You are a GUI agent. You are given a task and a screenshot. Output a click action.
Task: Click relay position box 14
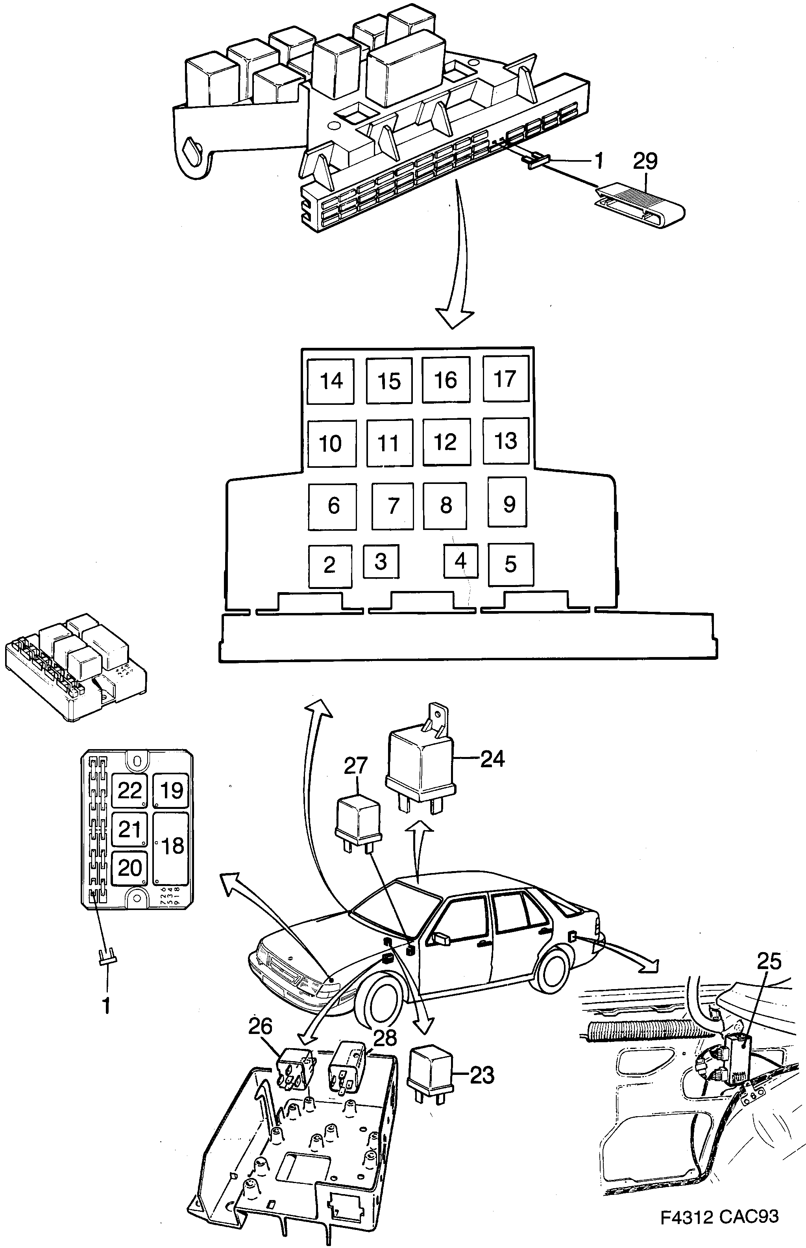[x=330, y=381]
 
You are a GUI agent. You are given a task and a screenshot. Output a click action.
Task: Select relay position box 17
[x=505, y=379]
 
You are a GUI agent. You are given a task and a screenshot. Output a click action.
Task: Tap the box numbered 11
[x=389, y=443]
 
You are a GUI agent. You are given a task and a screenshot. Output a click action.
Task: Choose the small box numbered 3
[x=381, y=561]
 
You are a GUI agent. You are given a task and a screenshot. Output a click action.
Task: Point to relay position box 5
[x=511, y=564]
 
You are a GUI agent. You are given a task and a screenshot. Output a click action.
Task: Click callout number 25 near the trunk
[x=769, y=961]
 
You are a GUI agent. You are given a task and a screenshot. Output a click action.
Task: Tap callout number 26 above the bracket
[x=260, y=1026]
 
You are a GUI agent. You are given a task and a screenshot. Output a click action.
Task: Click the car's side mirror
[x=443, y=939]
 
